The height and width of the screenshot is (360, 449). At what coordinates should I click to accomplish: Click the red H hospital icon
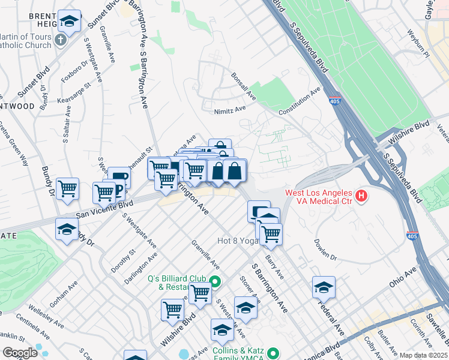pyautogui.click(x=361, y=196)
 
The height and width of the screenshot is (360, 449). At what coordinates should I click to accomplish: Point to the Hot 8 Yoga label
pyautogui.click(x=238, y=241)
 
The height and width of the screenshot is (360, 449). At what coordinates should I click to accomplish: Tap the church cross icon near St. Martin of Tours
pyautogui.click(x=60, y=40)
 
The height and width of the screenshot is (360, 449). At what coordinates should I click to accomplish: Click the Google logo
pyautogui.click(x=20, y=352)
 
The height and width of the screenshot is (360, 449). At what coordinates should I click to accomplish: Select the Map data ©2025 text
pyautogui.click(x=423, y=355)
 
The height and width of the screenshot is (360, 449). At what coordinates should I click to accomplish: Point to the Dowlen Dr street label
pyautogui.click(x=325, y=250)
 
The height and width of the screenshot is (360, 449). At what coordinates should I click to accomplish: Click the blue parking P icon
pyautogui.click(x=118, y=191)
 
